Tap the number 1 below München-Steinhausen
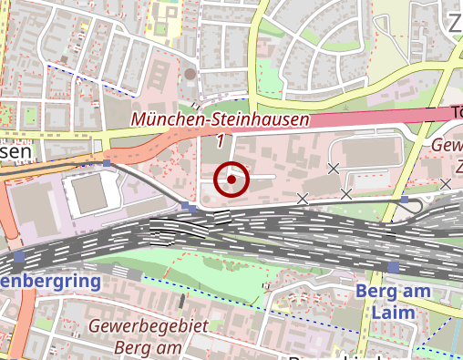coord(220,141)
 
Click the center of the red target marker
coord(231,180)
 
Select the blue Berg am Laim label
coord(386,302)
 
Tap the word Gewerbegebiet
coord(149,325)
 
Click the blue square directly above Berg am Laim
coord(393,267)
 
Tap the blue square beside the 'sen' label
coord(107,164)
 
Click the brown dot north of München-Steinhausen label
coord(190,74)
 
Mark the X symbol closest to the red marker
coord(303,198)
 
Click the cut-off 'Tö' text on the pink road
coord(456,112)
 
